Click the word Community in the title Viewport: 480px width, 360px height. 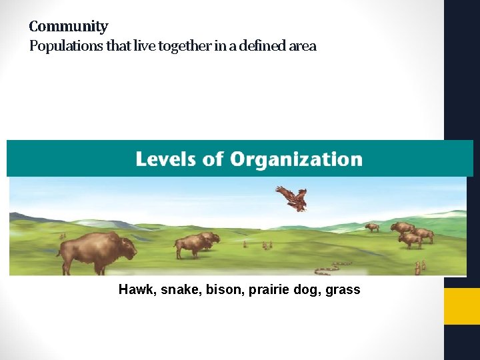coord(68,27)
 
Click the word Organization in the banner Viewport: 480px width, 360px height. coord(296,159)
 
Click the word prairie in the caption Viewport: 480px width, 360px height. coord(266,290)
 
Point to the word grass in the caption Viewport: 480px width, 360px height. coord(343,290)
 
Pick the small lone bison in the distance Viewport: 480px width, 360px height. coord(372,227)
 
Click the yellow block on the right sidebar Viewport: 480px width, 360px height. coord(462,306)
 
